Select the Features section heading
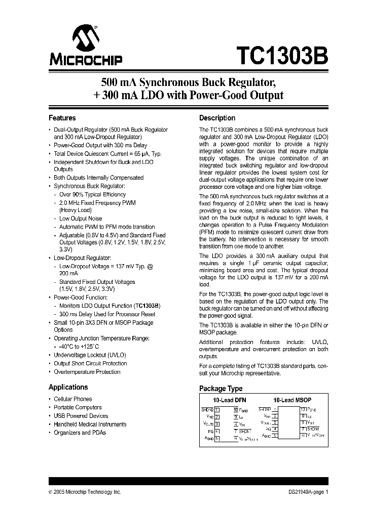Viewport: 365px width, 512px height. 62,118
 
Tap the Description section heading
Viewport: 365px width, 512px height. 217,118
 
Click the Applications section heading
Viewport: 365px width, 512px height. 68,387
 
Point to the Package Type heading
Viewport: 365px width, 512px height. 221,389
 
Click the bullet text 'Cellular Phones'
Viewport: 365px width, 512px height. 73,399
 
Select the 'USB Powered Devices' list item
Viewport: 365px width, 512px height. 81,416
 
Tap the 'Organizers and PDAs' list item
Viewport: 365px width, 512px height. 80,433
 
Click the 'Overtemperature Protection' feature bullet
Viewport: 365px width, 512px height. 87,372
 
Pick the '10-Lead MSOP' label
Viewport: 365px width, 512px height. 291,400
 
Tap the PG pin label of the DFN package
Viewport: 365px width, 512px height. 210,431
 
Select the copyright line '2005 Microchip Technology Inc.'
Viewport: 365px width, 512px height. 87,492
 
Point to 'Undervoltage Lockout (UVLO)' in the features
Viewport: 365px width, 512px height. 90,355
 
